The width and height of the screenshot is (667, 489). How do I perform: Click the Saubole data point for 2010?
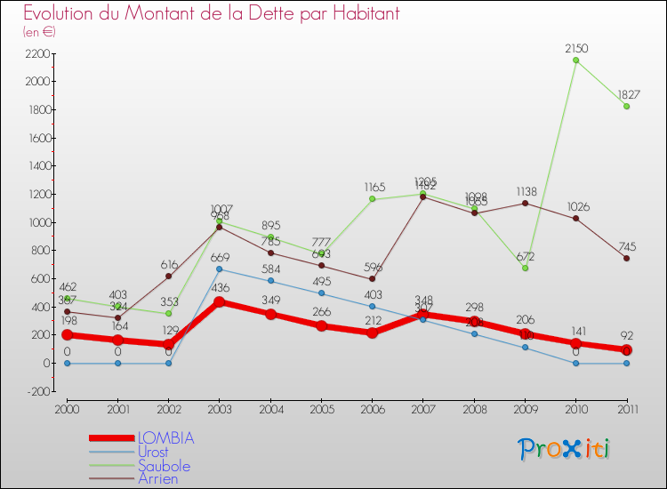[576, 60]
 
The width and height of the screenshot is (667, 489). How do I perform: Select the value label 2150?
[576, 48]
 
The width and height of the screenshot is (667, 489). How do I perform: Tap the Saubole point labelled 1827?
[627, 106]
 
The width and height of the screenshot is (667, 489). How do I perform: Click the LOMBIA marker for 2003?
[219, 301]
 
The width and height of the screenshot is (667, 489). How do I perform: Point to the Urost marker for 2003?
[219, 269]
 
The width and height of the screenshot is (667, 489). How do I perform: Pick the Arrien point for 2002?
[168, 276]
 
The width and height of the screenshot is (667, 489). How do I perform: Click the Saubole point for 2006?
[372, 199]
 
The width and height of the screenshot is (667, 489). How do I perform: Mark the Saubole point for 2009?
[525, 268]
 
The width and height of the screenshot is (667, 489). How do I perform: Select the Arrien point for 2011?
[627, 258]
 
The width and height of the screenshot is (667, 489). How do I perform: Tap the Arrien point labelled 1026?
[576, 219]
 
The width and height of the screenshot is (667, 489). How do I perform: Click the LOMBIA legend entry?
[165, 438]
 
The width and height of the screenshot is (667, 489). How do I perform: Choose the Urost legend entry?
[153, 452]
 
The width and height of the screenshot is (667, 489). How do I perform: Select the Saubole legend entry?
[164, 466]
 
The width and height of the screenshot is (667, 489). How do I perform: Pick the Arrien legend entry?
[158, 479]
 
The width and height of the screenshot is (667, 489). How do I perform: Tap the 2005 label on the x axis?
[321, 408]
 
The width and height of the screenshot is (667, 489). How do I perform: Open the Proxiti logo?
[564, 449]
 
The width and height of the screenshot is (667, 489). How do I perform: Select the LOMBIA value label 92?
[627, 336]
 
